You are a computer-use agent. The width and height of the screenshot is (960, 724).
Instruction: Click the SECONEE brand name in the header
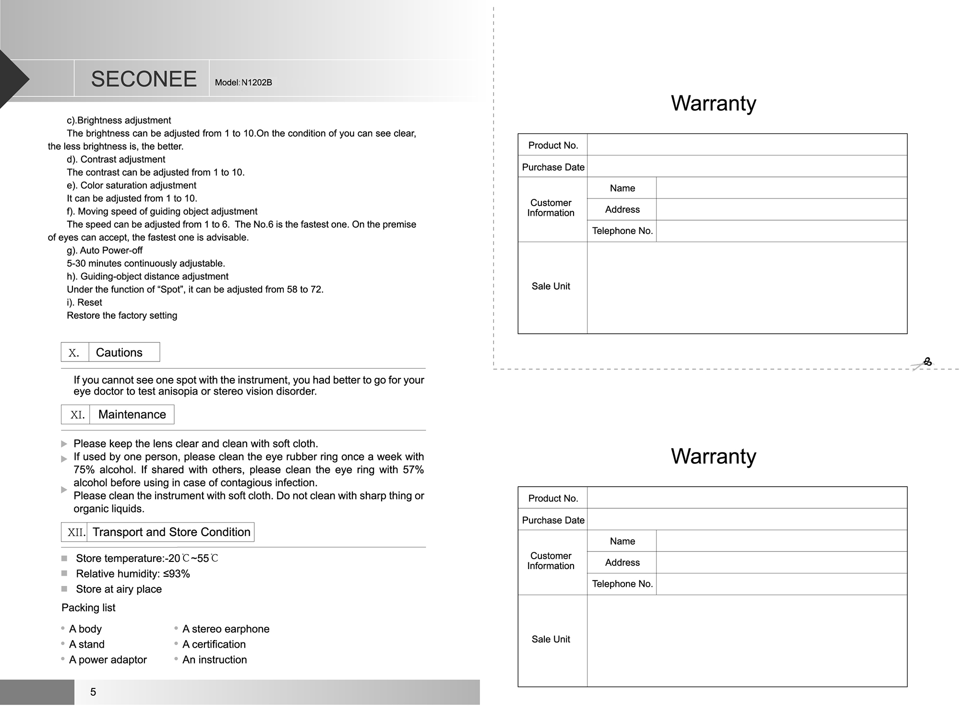(x=144, y=79)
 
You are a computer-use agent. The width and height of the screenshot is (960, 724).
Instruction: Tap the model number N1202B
(x=243, y=82)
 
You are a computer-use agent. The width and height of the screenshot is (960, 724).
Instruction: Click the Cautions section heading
(x=119, y=352)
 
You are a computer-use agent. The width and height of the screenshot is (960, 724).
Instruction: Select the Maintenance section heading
(x=132, y=414)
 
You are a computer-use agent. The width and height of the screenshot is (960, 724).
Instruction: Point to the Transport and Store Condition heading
(x=171, y=532)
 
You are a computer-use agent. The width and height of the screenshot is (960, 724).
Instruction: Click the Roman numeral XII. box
(x=76, y=532)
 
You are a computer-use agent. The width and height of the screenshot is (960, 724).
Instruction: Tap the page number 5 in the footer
(x=93, y=692)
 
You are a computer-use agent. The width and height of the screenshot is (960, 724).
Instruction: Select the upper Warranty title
(x=713, y=103)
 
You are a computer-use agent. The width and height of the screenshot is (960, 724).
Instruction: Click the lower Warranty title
(x=713, y=456)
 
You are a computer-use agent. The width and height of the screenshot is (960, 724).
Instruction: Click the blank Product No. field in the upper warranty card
(x=746, y=145)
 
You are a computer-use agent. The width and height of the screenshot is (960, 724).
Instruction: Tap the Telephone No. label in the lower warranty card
(x=622, y=584)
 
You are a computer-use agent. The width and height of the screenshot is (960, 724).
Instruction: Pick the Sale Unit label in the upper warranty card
(x=551, y=286)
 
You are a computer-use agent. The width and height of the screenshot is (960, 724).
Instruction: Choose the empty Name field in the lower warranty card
(x=781, y=541)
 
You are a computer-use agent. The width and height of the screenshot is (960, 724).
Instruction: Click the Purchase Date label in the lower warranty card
(x=553, y=520)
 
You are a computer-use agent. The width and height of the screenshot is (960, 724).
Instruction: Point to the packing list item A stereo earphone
(x=226, y=629)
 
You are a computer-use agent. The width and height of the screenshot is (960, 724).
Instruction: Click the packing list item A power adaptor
(x=108, y=660)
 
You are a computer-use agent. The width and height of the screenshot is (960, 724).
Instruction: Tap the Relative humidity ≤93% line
(x=133, y=574)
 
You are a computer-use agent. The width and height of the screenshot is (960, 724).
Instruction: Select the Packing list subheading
(x=88, y=608)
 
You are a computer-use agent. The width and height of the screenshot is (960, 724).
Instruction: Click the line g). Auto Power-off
(x=105, y=250)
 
